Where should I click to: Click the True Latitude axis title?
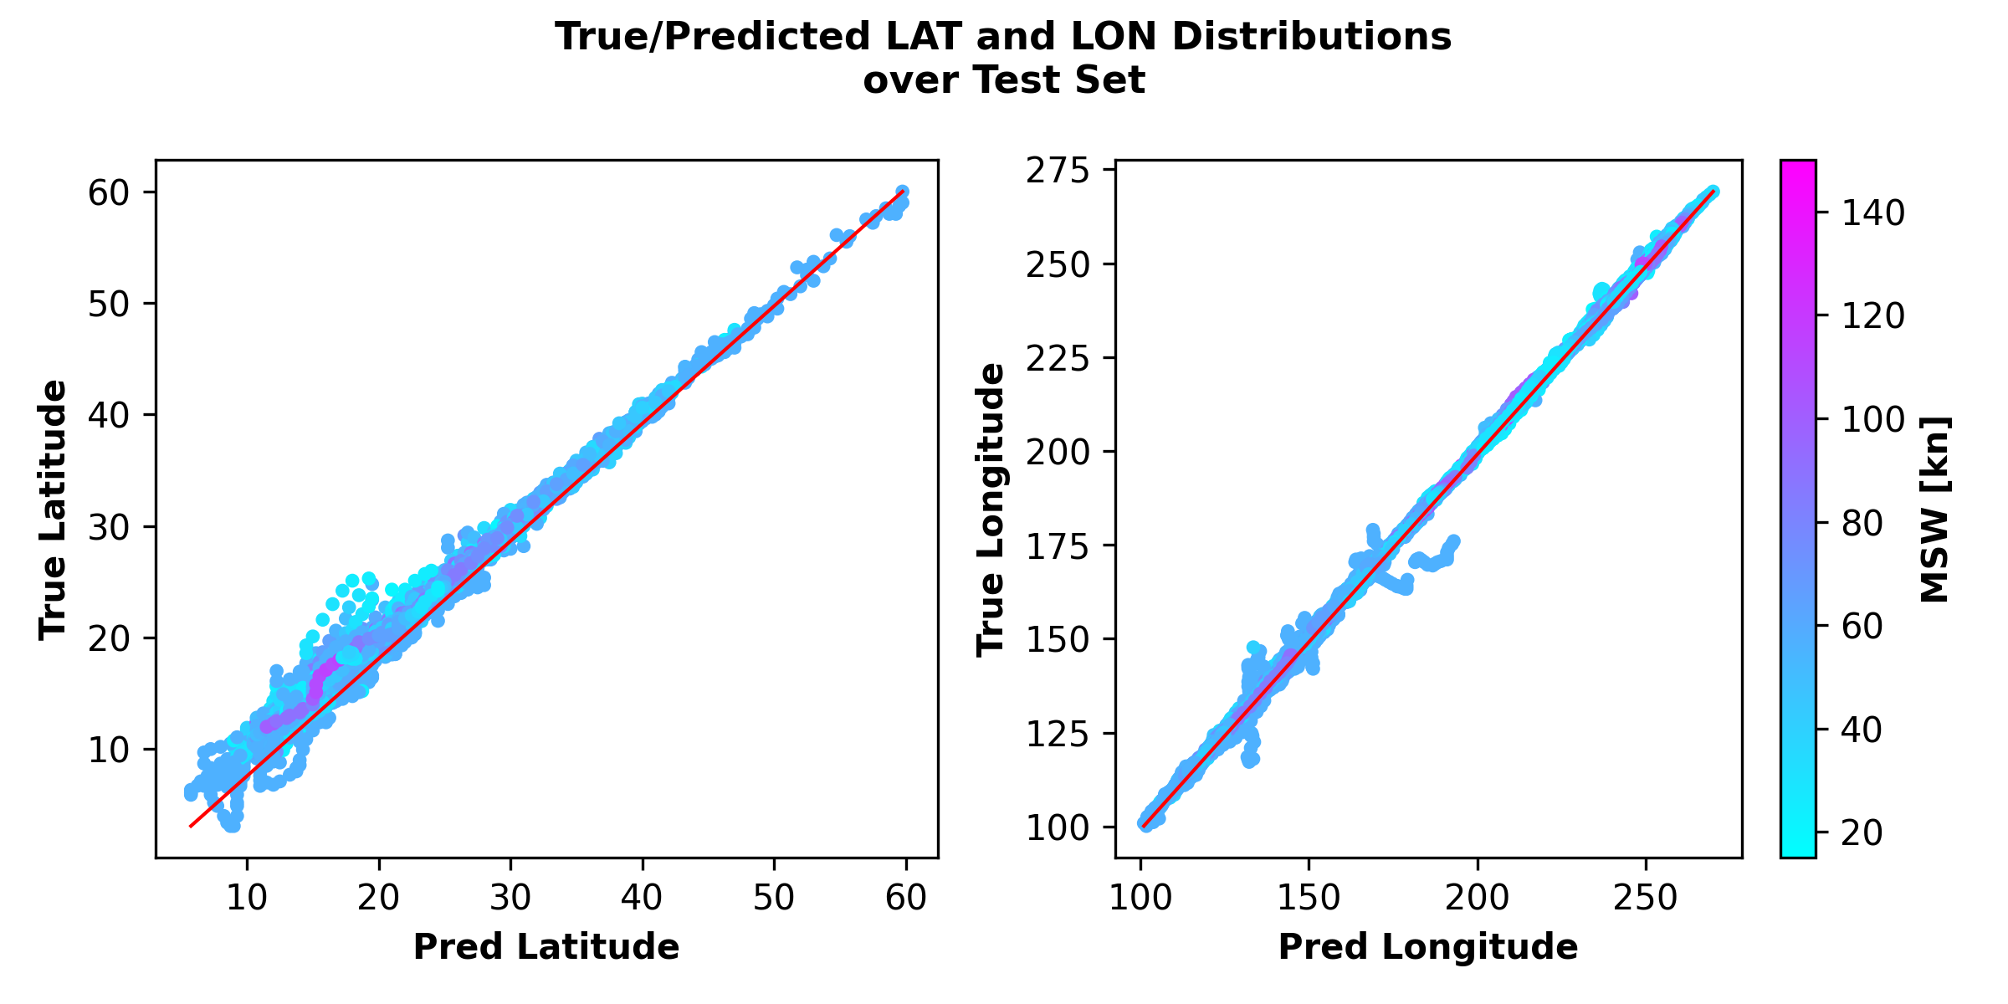tap(54, 510)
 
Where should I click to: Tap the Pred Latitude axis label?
tap(546, 946)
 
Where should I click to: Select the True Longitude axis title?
tap(991, 510)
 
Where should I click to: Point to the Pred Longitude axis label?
tap(1428, 946)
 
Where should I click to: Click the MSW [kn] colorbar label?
tap(1935, 510)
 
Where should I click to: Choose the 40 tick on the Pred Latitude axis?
tap(642, 898)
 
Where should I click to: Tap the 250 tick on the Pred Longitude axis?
tap(1646, 898)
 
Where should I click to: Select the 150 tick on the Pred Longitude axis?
tap(1308, 898)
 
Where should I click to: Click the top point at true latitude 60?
tap(902, 192)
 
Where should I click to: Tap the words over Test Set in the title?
tap(1004, 81)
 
